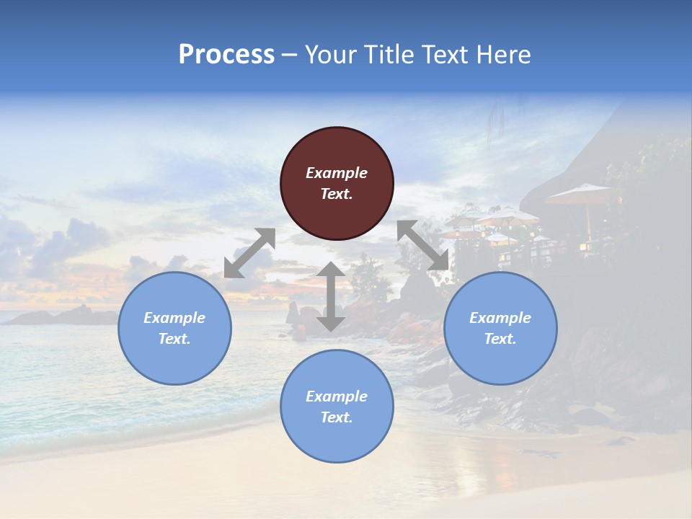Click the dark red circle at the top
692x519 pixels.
tap(337, 183)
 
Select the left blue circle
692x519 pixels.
tap(174, 328)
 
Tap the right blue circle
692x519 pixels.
tap(500, 328)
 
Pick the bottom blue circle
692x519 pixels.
tap(337, 407)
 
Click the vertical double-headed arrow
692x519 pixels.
tap(330, 296)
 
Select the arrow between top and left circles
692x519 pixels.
tap(249, 253)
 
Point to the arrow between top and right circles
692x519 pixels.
tap(423, 245)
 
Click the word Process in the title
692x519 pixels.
tap(226, 55)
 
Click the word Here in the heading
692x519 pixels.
tap(504, 55)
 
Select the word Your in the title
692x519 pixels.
tap(330, 55)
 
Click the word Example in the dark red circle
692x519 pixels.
tap(337, 173)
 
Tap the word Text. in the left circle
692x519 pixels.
tap(174, 339)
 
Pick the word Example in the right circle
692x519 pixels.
tap(500, 318)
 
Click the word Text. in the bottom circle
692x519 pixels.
tap(337, 417)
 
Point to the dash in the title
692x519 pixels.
tap(290, 56)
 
